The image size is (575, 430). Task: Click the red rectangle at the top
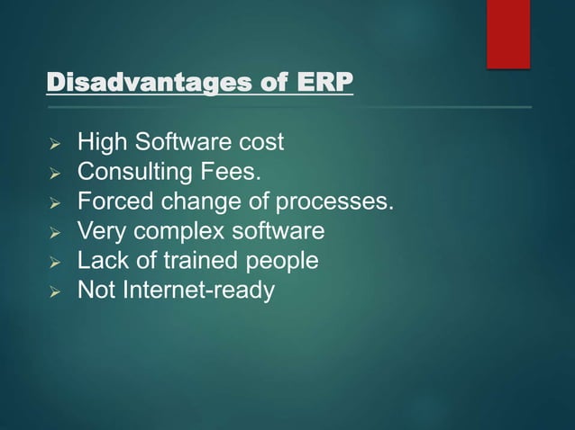pyautogui.click(x=508, y=32)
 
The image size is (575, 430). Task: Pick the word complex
pyautogui.click(x=170, y=231)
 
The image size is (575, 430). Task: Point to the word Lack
pyautogui.click(x=100, y=261)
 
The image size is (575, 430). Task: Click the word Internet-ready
pyautogui.click(x=199, y=291)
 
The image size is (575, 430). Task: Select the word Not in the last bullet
pyautogui.click(x=95, y=291)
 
